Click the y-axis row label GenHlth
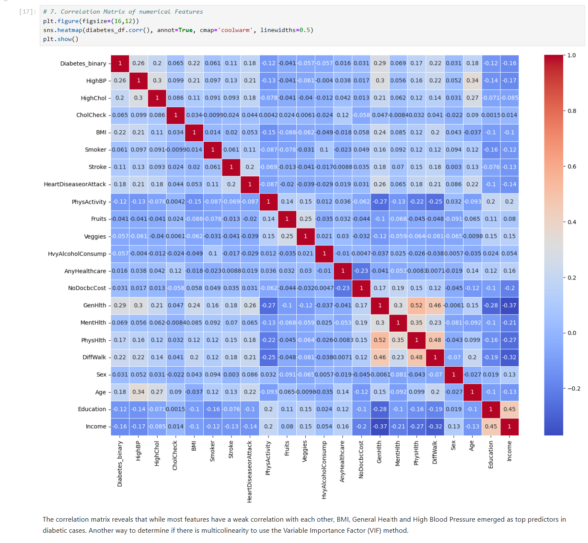pyautogui.click(x=94, y=306)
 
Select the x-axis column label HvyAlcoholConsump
pyautogui.click(x=324, y=470)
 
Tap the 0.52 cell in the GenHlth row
pyautogui.click(x=416, y=306)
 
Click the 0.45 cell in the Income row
pyautogui.click(x=491, y=426)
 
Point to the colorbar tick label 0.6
pyautogui.click(x=572, y=166)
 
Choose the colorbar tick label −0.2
pyautogui.click(x=573, y=388)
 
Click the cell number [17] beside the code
pyautogui.click(x=28, y=12)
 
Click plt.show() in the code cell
pyautogui.click(x=61, y=39)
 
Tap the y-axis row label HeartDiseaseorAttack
pyautogui.click(x=75, y=184)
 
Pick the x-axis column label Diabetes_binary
pyautogui.click(x=120, y=464)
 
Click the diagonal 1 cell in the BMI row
pyautogui.click(x=194, y=132)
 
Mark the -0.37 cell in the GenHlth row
pyautogui.click(x=509, y=306)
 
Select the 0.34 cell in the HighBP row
pyautogui.click(x=472, y=80)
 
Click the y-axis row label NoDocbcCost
pyautogui.click(x=87, y=288)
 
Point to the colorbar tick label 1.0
pyautogui.click(x=572, y=55)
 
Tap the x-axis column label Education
pyautogui.click(x=491, y=455)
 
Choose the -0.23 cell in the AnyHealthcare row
pyautogui.click(x=361, y=271)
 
